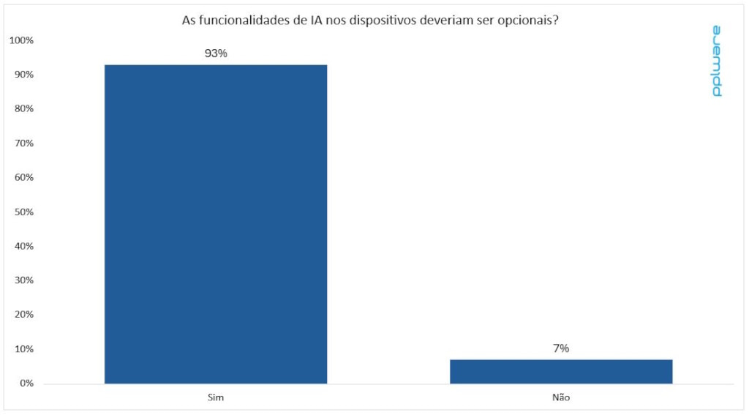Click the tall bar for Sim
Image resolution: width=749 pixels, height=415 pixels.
[216, 223]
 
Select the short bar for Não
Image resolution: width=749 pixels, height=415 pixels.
[561, 371]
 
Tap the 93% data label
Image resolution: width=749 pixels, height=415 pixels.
[216, 53]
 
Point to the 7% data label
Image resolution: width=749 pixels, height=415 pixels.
[561, 348]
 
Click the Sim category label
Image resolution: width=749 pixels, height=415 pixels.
[216, 397]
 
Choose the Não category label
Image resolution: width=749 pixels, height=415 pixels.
[561, 397]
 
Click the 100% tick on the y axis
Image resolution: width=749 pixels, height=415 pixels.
[22, 40]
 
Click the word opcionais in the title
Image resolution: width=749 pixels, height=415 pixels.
[530, 20]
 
